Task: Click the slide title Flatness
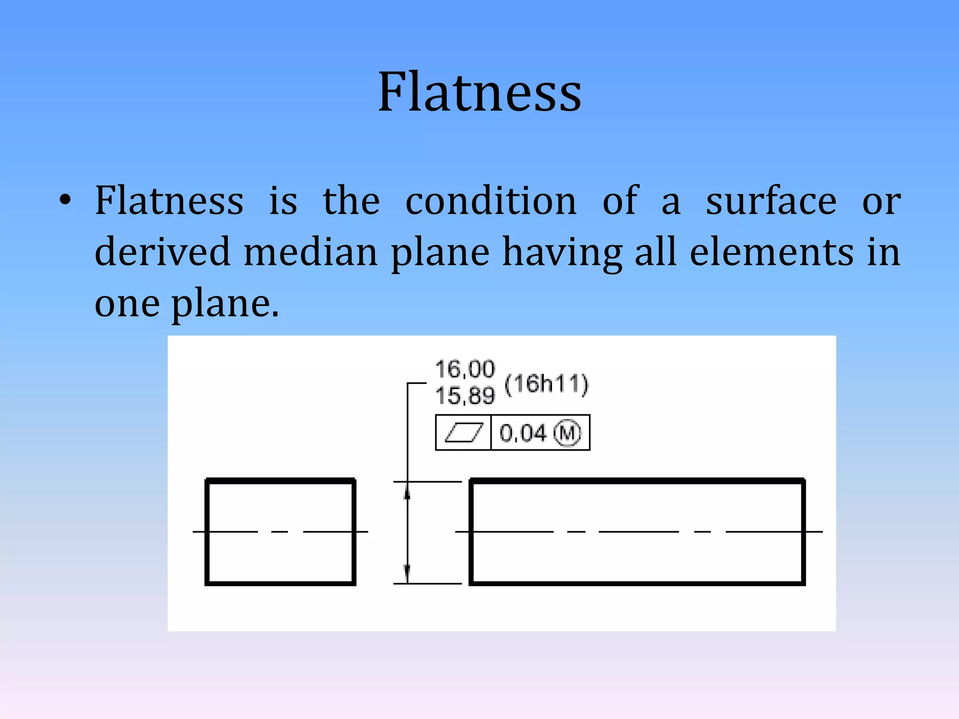pos(479,92)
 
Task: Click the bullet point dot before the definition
pos(66,201)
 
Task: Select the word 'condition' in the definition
pos(491,201)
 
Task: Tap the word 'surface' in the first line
pos(771,201)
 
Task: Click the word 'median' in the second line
pos(310,252)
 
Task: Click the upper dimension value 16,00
pos(465,369)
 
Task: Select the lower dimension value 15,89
pos(465,396)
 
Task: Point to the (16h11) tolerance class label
pos(546,384)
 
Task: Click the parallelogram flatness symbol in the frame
pos(463,433)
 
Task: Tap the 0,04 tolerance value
pos(523,433)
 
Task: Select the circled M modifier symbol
pos(568,433)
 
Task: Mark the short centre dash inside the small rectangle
pos(280,532)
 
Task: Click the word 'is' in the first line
pos(283,201)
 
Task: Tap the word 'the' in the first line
pos(351,201)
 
